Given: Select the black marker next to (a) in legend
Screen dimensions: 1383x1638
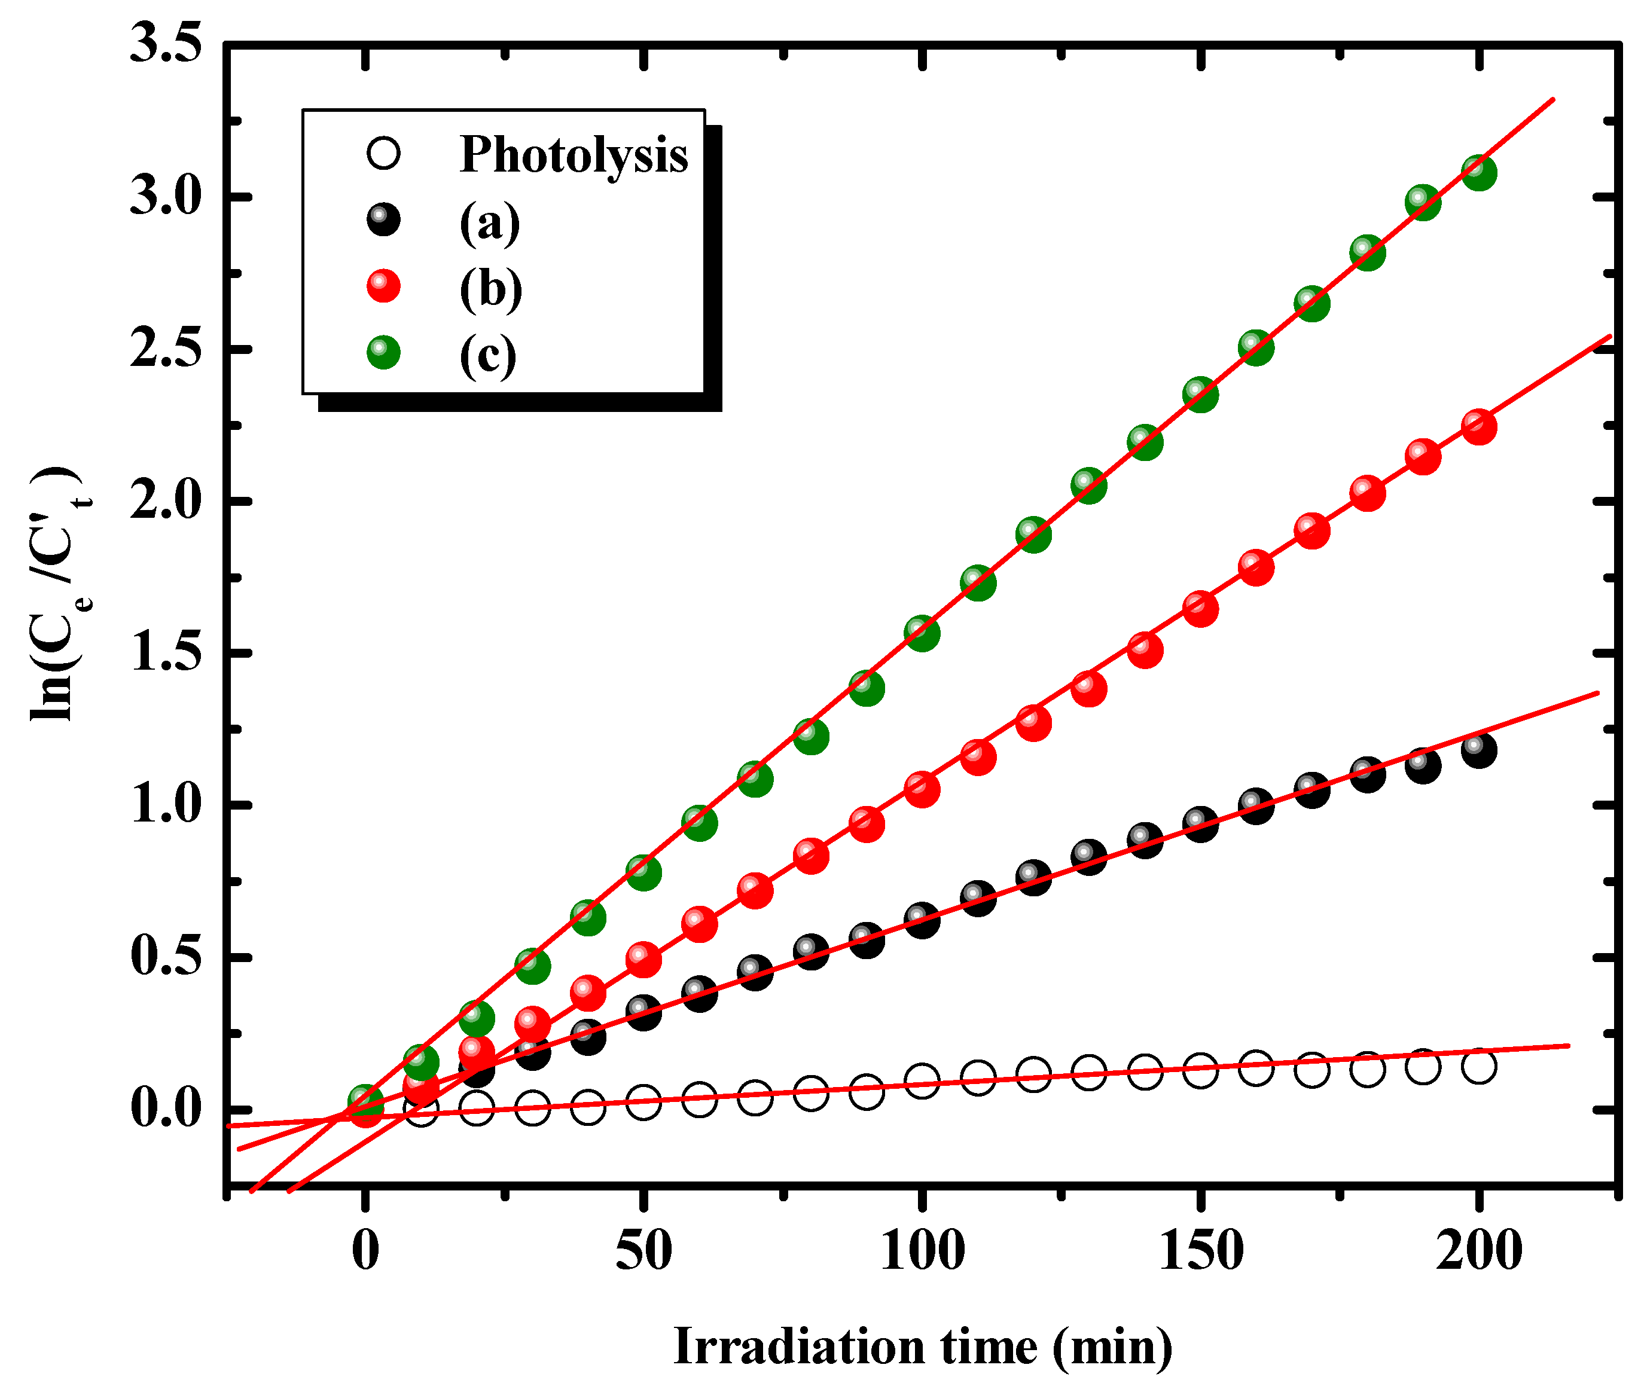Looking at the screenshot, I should point(383,219).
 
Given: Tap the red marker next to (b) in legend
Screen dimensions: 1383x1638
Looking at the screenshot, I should point(383,286).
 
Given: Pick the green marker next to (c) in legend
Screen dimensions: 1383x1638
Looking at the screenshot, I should point(383,353).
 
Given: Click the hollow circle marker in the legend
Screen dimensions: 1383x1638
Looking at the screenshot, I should point(383,154).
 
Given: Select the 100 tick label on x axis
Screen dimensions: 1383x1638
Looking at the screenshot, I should point(922,1251).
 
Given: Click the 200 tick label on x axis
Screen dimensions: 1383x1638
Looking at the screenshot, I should point(1479,1251).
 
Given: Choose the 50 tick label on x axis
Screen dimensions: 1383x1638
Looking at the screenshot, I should point(643,1251).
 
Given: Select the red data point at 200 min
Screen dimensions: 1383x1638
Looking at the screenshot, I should point(1479,428).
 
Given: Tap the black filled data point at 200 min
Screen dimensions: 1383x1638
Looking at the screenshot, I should point(1479,750).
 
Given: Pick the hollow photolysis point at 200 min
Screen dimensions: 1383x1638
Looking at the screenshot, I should point(1479,1066).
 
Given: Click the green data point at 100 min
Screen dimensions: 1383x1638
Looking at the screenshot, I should point(922,633).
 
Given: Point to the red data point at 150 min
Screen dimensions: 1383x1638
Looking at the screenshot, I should point(1200,609).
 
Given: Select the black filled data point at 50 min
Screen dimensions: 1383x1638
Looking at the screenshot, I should point(643,1013).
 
